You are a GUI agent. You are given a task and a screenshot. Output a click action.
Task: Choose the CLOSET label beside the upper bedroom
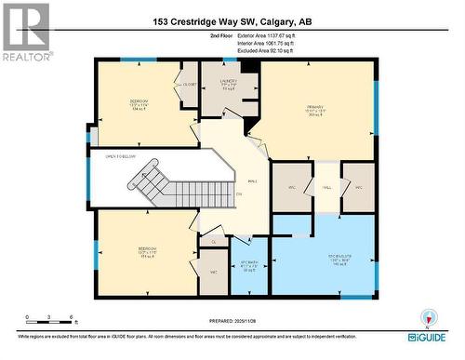pyautogui.click(x=190, y=83)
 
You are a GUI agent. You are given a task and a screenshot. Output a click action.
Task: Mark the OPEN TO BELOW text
pyautogui.click(x=122, y=157)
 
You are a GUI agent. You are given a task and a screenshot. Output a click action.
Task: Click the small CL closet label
pyautogui.click(x=213, y=242)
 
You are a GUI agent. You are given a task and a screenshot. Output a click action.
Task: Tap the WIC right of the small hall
pyautogui.click(x=357, y=187)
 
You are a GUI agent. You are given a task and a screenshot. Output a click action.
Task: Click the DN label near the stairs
pyautogui.click(x=239, y=193)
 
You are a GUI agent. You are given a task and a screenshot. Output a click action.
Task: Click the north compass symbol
pyautogui.click(x=427, y=315)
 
